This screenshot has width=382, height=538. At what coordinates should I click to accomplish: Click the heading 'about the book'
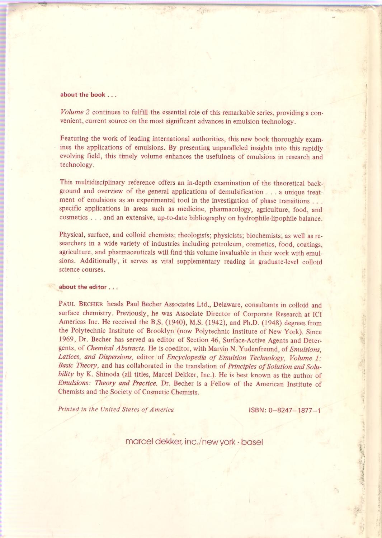(88, 95)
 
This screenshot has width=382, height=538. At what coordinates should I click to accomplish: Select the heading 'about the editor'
(88, 287)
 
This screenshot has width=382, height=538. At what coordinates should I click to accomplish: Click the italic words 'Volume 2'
(75, 112)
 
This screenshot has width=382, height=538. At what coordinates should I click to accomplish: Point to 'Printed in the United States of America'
(116, 409)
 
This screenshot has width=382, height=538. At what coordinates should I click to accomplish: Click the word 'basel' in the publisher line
(252, 442)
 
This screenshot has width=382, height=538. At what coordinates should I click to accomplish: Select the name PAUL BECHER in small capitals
(81, 304)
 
